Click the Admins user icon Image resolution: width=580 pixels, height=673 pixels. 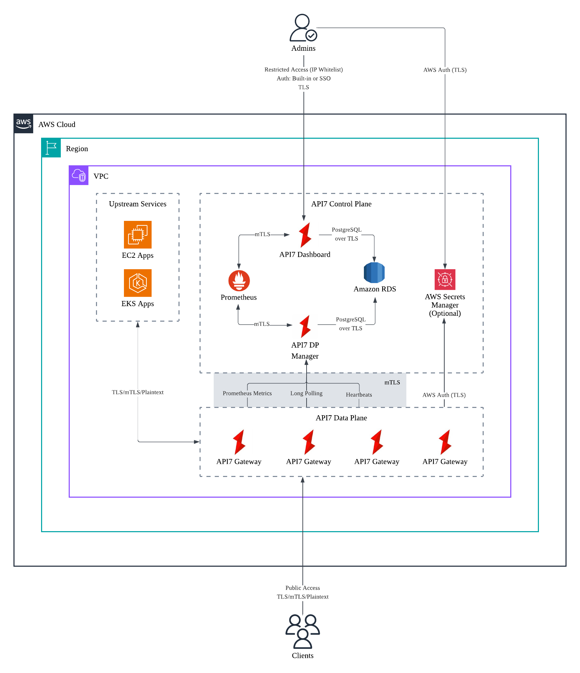tap(303, 28)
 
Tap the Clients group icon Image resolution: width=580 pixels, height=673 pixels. tap(303, 631)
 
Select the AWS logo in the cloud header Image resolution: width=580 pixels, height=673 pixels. tap(23, 124)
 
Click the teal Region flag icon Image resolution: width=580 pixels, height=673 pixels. tap(51, 148)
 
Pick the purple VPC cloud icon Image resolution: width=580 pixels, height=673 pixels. tap(79, 175)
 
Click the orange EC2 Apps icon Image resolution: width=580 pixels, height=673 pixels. tap(138, 235)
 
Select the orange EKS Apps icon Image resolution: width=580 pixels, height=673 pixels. tap(138, 283)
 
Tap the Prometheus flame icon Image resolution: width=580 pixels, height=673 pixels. tap(239, 281)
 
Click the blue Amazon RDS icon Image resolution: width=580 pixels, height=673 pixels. tap(374, 273)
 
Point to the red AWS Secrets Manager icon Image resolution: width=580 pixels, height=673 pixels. tap(445, 280)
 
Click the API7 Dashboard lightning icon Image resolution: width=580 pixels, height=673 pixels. tap(305, 235)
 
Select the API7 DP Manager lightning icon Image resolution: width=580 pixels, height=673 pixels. tap(305, 326)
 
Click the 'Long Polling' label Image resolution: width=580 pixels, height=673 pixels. tap(306, 393)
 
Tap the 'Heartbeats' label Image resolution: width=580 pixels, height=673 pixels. tap(359, 395)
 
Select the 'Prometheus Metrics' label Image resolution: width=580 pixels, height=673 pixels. tap(247, 393)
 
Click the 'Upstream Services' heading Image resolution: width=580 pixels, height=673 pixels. tap(138, 204)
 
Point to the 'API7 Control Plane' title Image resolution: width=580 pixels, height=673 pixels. tap(341, 204)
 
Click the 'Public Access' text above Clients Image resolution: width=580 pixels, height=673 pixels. tap(302, 588)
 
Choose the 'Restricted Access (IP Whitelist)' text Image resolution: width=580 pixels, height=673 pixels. tap(303, 70)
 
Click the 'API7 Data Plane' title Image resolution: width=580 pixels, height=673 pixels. tap(341, 418)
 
